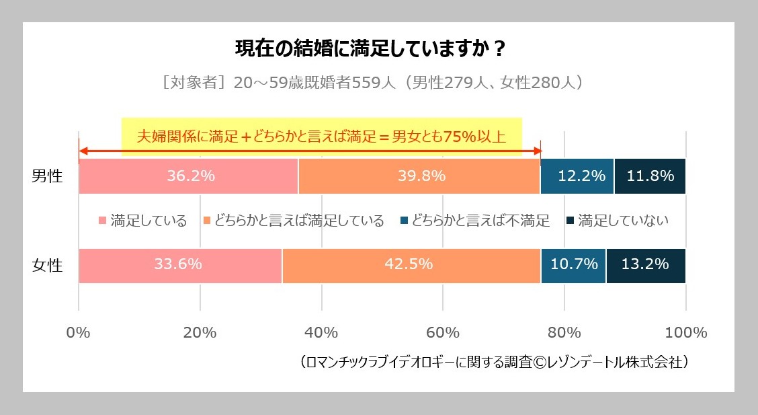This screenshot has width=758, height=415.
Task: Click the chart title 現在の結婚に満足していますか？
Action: pyautogui.click(x=370, y=50)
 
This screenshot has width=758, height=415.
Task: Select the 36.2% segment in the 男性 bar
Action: pyautogui.click(x=188, y=176)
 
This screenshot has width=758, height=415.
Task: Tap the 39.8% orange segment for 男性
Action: pyautogui.click(x=419, y=176)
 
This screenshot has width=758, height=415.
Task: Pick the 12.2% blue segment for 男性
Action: pyautogui.click(x=577, y=176)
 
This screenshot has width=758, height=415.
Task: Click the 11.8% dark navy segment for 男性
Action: pyautogui.click(x=650, y=176)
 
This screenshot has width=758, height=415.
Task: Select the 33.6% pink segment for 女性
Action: pyautogui.click(x=180, y=265)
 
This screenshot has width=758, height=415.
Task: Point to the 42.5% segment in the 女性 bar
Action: pyautogui.click(x=411, y=265)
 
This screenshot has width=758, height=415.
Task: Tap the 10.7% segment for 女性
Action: pyautogui.click(x=573, y=265)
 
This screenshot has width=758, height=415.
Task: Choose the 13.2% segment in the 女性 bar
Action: pyautogui.click(x=646, y=265)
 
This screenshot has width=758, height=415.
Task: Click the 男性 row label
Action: pyautogui.click(x=47, y=177)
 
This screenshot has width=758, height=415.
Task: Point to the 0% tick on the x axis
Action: pyautogui.click(x=79, y=332)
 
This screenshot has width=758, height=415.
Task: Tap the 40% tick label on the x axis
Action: pyautogui.click(x=321, y=332)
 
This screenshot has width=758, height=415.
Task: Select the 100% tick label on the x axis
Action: pyautogui.click(x=685, y=332)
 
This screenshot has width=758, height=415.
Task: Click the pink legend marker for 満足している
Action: pyautogui.click(x=103, y=221)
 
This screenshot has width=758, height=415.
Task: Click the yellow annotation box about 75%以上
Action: pyautogui.click(x=321, y=137)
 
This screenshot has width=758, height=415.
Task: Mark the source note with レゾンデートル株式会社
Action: pyautogui.click(x=495, y=362)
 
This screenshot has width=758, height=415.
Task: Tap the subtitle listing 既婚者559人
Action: pyautogui.click(x=372, y=83)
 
